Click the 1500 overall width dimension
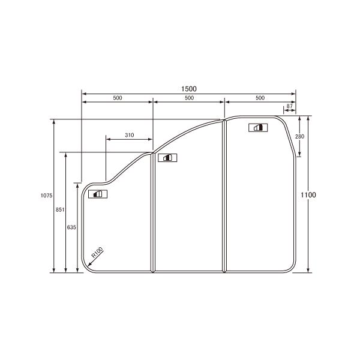pos(189,88)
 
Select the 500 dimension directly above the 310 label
pos(118,97)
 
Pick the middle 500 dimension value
pos(189,97)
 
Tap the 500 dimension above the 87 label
pos(260,97)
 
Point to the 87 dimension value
pos(290,106)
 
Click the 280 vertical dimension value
pos(300,137)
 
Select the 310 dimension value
pos(130,136)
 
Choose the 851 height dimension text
pos(59,209)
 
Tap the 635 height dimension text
pos(72,227)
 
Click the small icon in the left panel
pos(97,194)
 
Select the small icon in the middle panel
pos(166,158)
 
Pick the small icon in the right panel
pos(258,127)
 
